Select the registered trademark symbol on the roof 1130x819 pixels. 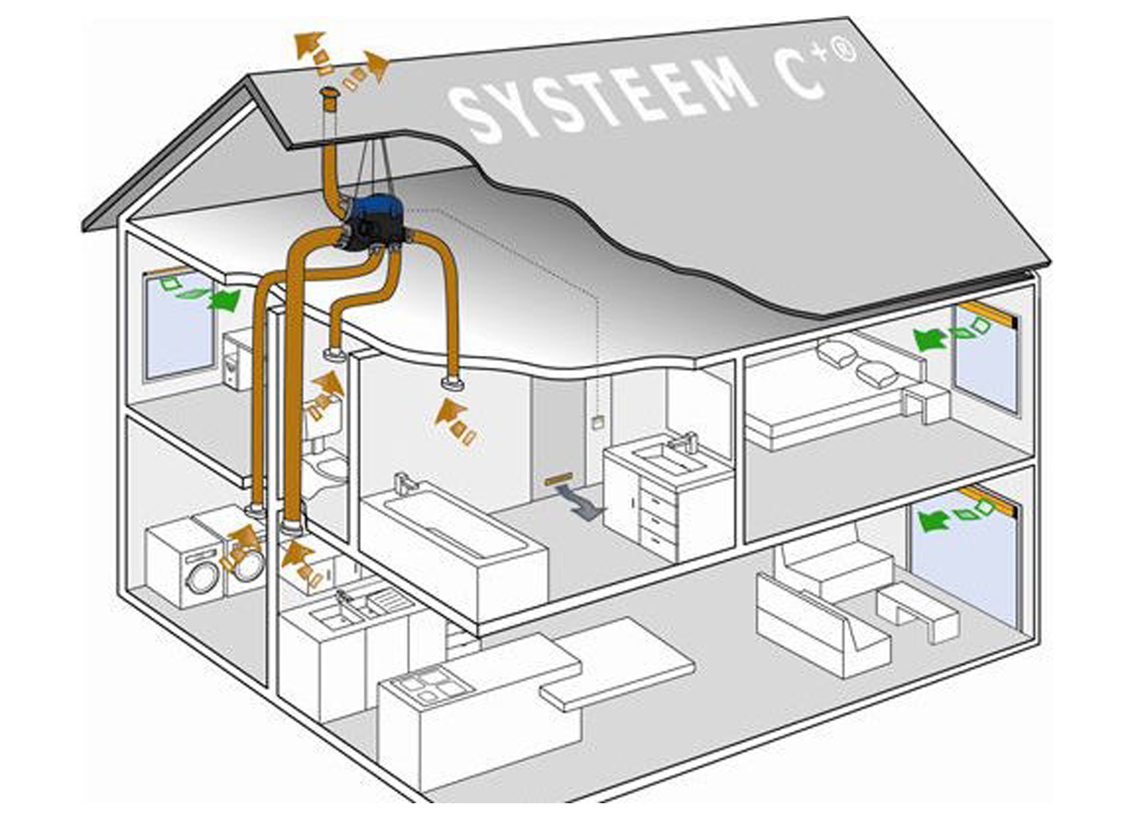pos(845,50)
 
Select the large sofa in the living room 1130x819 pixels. pos(819,624)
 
